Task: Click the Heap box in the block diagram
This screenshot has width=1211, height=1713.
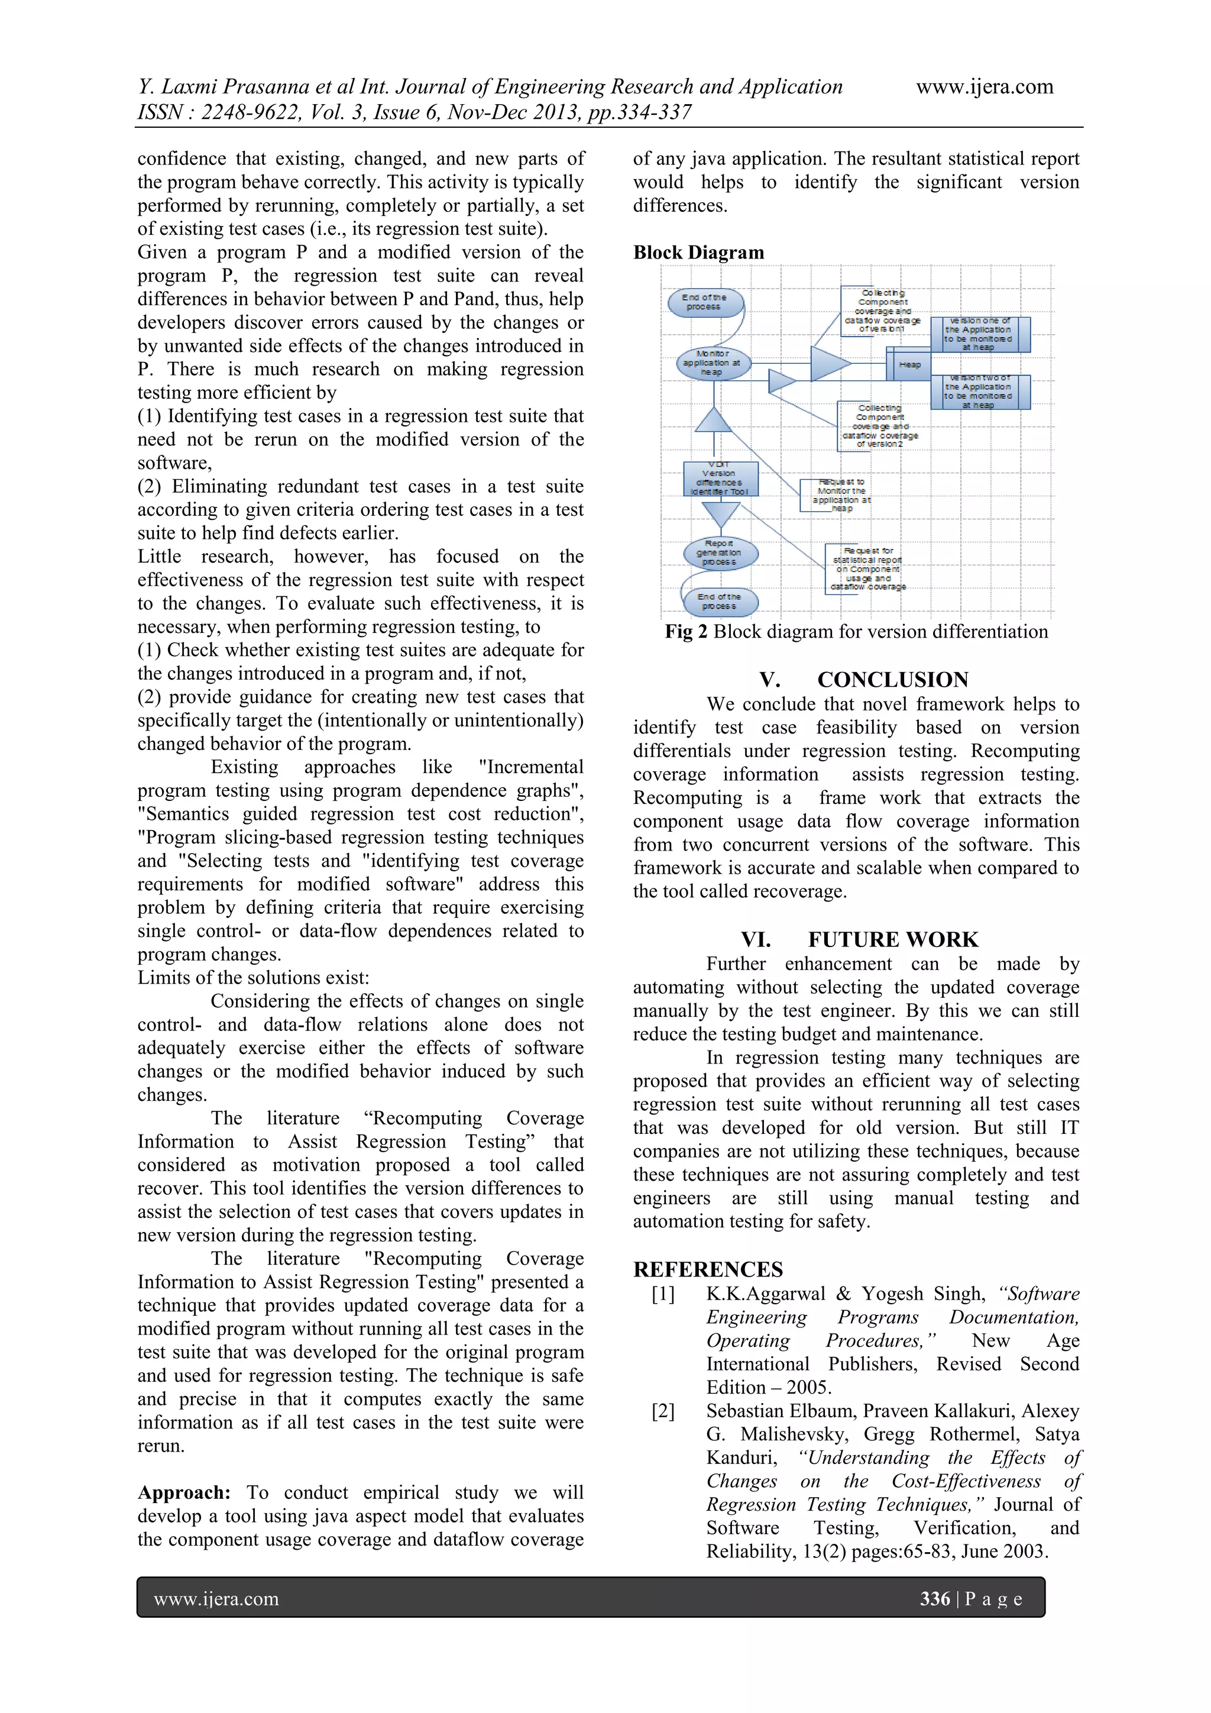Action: (909, 365)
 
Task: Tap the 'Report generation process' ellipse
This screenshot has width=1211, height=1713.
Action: (720, 553)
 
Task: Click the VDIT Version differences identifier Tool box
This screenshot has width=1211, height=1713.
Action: (720, 479)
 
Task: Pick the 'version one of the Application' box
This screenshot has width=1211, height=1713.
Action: (979, 334)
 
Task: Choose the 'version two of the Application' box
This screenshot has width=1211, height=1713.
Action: (979, 392)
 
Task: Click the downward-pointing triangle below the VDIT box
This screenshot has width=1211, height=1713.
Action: (720, 514)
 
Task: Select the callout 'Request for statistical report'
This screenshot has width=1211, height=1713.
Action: (866, 568)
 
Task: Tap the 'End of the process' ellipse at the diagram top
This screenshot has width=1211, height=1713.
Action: (705, 302)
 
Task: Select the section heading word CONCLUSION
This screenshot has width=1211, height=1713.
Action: (893, 680)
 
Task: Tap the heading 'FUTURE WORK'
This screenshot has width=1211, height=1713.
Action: (893, 939)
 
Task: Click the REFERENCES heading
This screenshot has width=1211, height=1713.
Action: (708, 1270)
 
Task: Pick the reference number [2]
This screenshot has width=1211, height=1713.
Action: (662, 1411)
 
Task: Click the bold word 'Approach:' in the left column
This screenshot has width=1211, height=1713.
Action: (183, 1492)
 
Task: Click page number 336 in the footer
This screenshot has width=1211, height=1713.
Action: (934, 1598)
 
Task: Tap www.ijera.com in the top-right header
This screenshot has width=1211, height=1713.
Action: (985, 86)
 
